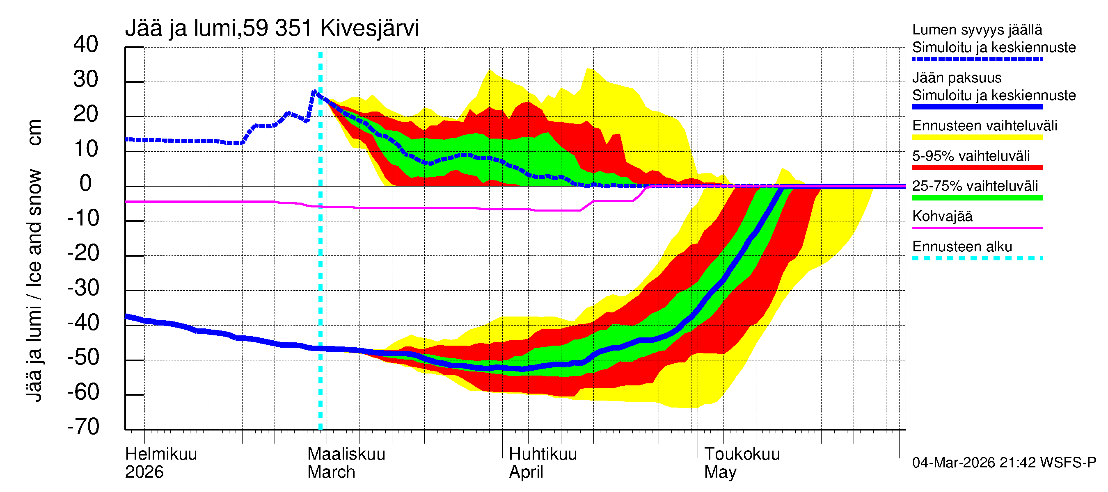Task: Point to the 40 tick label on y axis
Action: (x=86, y=44)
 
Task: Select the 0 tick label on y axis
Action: (x=86, y=184)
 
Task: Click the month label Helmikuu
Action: (x=161, y=454)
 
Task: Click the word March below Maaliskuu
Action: (x=331, y=472)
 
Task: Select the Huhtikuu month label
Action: (x=543, y=454)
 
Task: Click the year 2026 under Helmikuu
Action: (x=144, y=472)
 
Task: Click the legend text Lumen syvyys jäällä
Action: (x=977, y=30)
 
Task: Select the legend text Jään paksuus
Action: (x=957, y=78)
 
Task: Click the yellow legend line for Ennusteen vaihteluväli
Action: (x=977, y=137)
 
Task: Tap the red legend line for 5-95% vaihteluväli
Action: (x=977, y=168)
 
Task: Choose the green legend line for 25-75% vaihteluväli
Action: (x=977, y=198)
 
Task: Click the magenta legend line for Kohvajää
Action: (x=977, y=228)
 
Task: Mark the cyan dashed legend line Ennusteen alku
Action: (x=977, y=258)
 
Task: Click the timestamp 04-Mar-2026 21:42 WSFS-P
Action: (x=1004, y=462)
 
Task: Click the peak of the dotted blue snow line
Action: (x=314, y=91)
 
